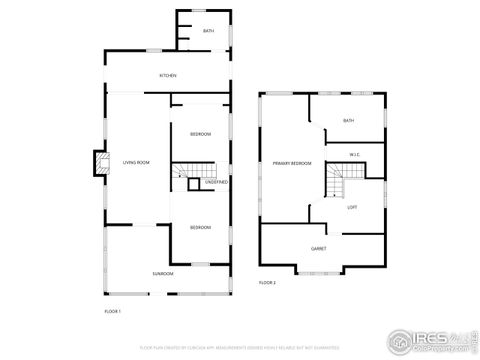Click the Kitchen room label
[x=168, y=76]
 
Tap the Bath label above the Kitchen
[x=208, y=31]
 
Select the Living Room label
[x=136, y=162]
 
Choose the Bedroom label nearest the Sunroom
[x=200, y=227]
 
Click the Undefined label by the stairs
[x=217, y=182]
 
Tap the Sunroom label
[x=163, y=273]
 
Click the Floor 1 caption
[x=113, y=312]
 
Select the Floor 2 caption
[x=267, y=283]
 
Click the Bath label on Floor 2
[x=348, y=121]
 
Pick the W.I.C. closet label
[x=354, y=154]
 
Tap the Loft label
[x=352, y=207]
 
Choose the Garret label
[x=319, y=248]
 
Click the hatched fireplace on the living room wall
[x=99, y=163]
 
